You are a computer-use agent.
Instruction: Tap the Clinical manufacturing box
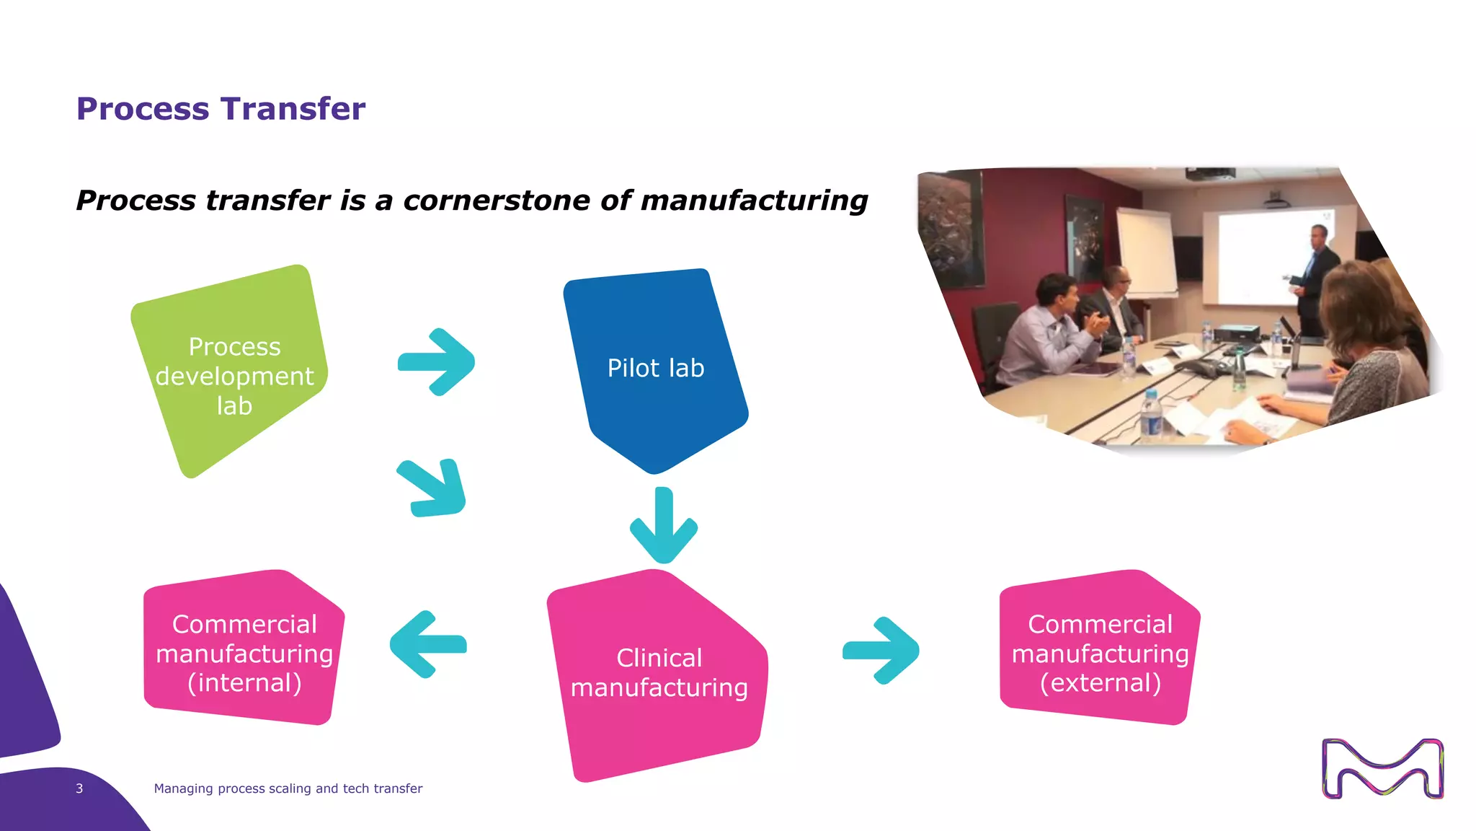(657, 674)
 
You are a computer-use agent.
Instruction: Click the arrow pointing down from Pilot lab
(664, 527)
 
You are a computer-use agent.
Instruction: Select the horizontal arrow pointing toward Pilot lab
(437, 362)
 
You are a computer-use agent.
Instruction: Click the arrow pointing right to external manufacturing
(881, 650)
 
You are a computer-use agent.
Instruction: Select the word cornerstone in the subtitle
(497, 201)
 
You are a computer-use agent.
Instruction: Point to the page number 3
(79, 788)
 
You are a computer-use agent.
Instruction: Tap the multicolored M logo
(1382, 768)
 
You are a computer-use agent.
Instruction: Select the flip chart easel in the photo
(1146, 252)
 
